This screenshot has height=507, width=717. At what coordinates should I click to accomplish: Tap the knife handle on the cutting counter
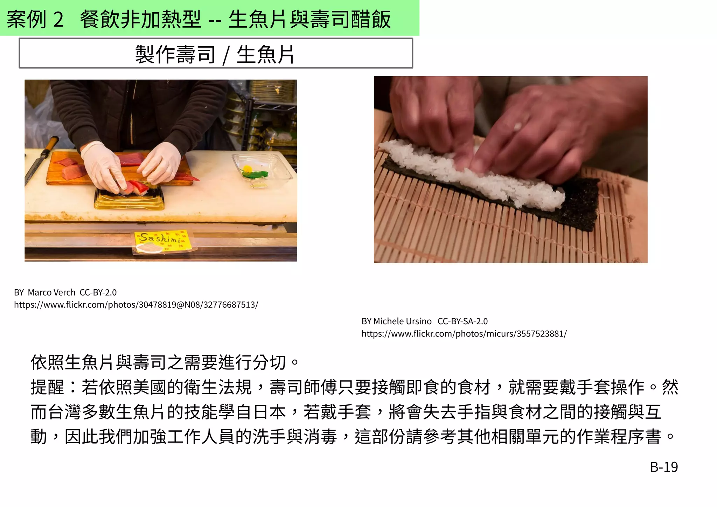pyautogui.click(x=51, y=144)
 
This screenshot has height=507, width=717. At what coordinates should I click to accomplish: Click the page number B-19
pyautogui.click(x=663, y=467)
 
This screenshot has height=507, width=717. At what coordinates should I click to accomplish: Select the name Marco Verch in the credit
pyautogui.click(x=51, y=292)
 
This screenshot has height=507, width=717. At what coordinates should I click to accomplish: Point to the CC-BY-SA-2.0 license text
pyautogui.click(x=462, y=321)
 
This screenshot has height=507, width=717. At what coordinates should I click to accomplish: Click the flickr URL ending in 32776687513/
pyautogui.click(x=136, y=305)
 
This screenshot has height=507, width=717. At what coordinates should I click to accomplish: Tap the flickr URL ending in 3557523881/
pyautogui.click(x=464, y=334)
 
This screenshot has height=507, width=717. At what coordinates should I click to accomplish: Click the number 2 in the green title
pyautogui.click(x=58, y=19)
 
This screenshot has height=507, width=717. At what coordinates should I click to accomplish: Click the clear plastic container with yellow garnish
pyautogui.click(x=261, y=170)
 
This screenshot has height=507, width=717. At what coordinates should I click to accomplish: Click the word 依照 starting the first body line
pyautogui.click(x=47, y=362)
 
